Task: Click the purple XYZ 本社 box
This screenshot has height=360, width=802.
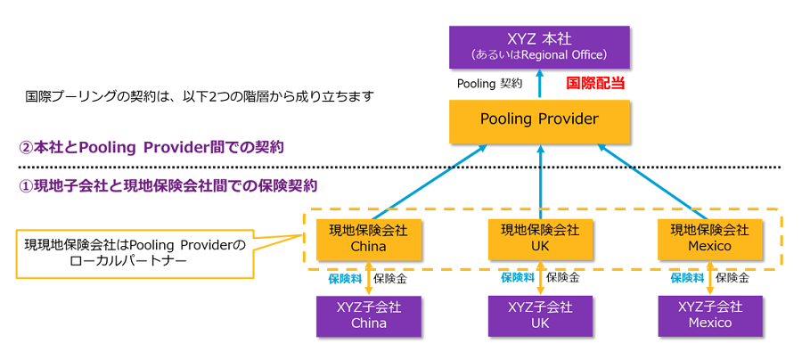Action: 538,46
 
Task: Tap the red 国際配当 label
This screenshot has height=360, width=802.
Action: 595,84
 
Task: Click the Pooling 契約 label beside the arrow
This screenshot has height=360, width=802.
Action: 489,84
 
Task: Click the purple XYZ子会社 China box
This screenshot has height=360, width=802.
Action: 368,315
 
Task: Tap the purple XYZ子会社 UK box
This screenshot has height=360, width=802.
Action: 540,315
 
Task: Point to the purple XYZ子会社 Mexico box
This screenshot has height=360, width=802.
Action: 709,315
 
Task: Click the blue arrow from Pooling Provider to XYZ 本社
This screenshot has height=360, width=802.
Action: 538,85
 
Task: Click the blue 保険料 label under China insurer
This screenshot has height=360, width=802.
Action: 345,278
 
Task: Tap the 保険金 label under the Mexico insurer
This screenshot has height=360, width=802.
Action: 732,278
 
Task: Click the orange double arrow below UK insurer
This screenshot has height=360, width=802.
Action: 540,278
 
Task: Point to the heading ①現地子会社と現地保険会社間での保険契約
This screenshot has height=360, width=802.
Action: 168,186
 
